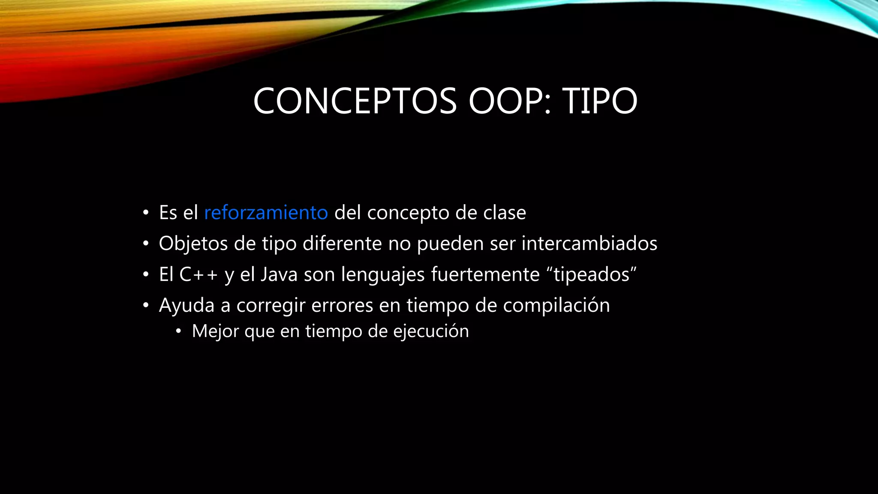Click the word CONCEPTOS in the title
(x=355, y=101)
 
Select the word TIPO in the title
(x=600, y=101)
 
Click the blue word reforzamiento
(x=266, y=213)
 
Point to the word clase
(x=505, y=213)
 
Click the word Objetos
(x=193, y=244)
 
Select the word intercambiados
(x=589, y=244)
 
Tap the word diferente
(x=342, y=244)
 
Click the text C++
(x=198, y=274)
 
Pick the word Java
(x=279, y=274)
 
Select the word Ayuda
(x=186, y=306)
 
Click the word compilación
(x=556, y=306)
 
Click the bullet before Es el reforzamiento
(x=146, y=213)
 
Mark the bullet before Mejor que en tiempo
(x=179, y=331)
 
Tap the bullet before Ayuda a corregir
(x=146, y=305)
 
